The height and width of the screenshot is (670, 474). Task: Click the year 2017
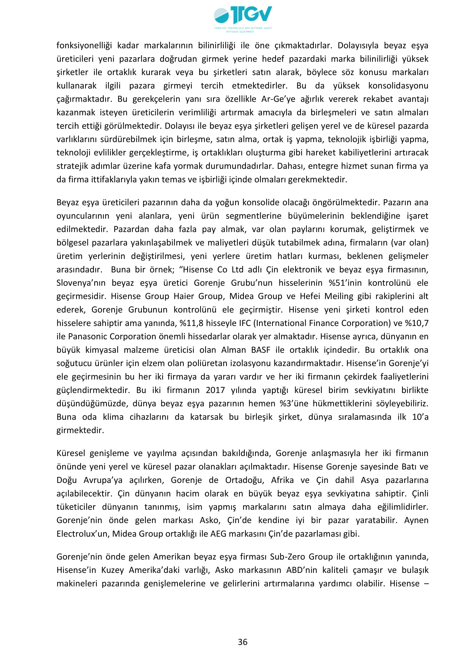tap(215, 390)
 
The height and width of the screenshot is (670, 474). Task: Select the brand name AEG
tap(218, 534)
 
